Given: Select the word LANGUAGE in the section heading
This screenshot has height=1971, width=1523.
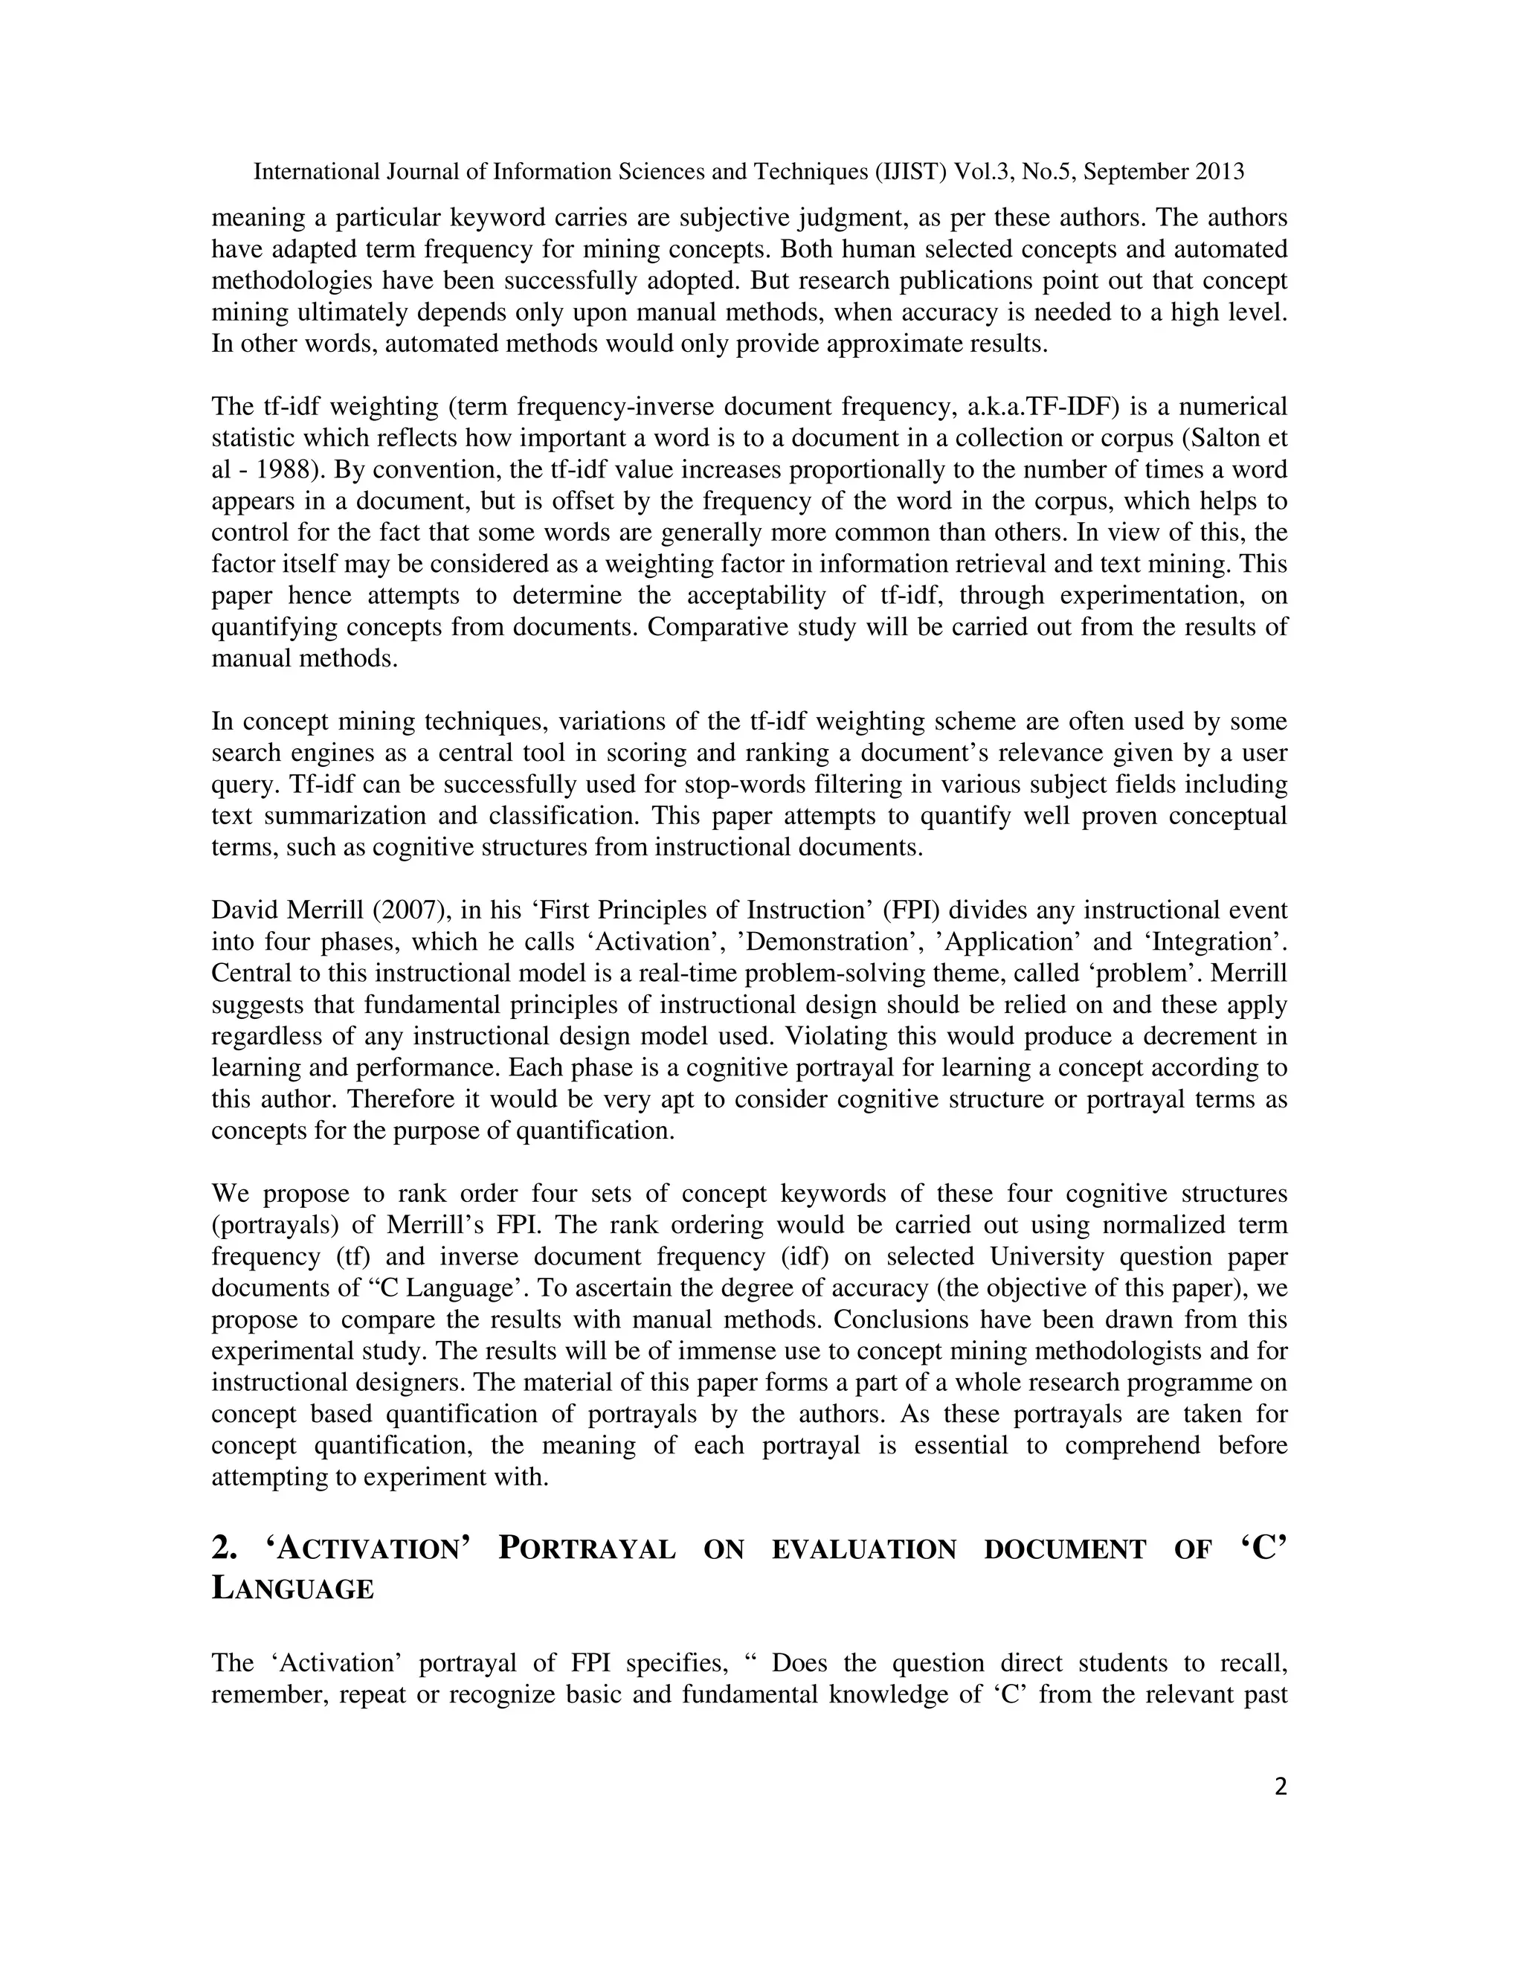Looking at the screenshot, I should pos(292,1589).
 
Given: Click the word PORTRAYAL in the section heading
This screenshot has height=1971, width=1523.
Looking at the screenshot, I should pos(587,1549).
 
